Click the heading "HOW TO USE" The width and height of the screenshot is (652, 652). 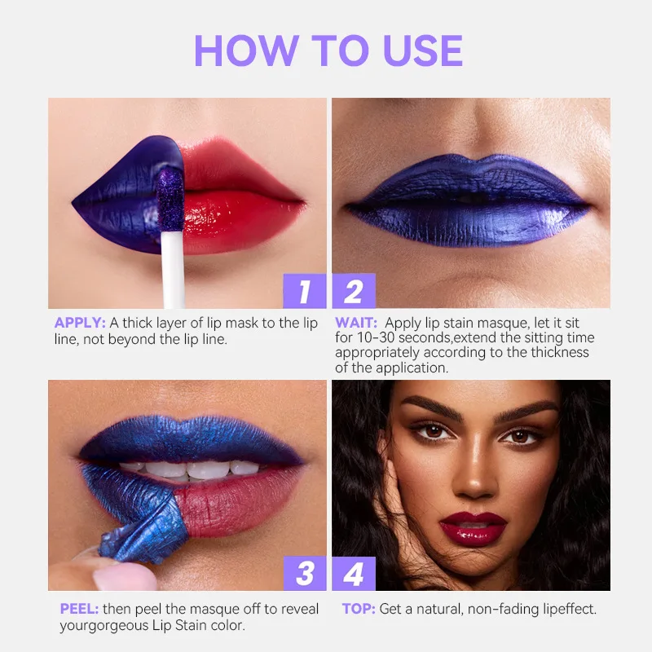(x=328, y=51)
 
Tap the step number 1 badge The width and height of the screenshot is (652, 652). (x=305, y=291)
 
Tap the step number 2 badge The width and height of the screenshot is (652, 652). (x=353, y=291)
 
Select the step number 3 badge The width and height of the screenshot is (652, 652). (x=305, y=574)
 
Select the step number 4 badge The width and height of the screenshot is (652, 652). (x=353, y=574)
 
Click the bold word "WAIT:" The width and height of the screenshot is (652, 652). (x=357, y=324)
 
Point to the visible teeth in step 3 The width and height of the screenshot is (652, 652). (x=187, y=469)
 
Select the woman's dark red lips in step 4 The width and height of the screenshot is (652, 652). (x=473, y=526)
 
